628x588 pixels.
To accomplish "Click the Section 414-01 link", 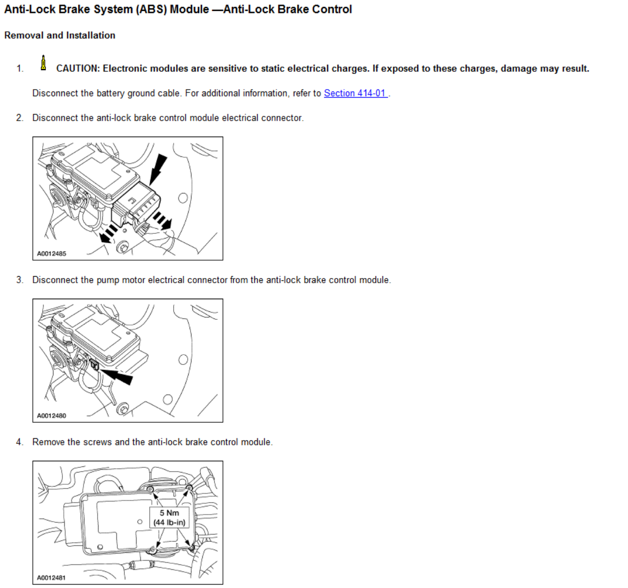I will point(355,93).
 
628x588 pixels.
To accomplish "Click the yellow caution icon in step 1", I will point(43,63).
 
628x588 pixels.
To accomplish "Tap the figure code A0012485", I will point(52,254).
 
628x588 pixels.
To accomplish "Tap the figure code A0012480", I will point(52,416).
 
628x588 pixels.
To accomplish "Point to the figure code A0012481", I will point(52,578).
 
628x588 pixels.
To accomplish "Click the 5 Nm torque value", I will point(169,513).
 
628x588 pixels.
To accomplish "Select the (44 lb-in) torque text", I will point(169,522).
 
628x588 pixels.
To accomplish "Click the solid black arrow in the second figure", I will point(117,376).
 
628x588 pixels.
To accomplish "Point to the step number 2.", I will point(19,118).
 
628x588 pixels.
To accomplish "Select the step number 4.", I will point(19,442).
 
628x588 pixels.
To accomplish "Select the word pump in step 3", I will point(107,280).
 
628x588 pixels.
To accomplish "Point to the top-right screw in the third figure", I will point(189,488).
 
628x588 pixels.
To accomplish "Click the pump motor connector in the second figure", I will point(94,364).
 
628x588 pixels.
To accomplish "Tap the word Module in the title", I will point(189,9).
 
